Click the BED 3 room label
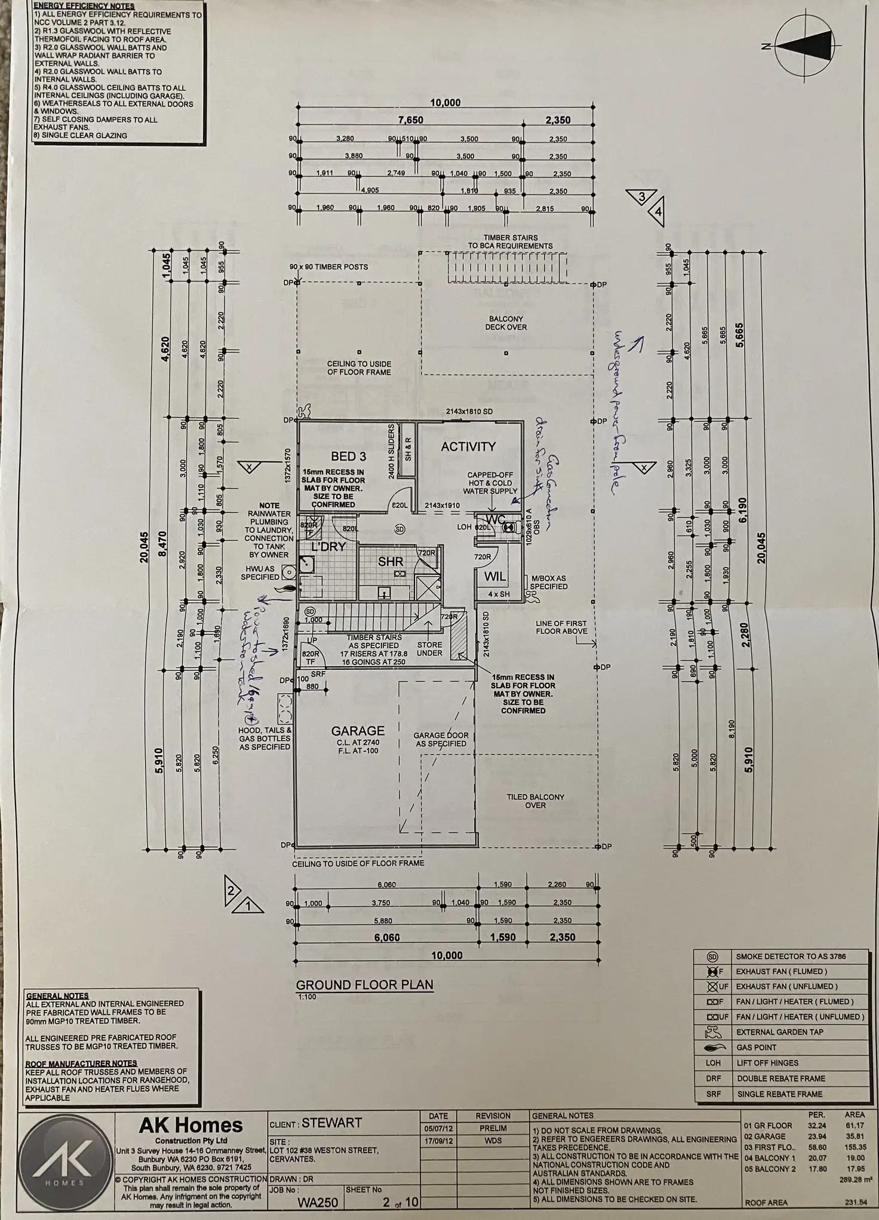pyautogui.click(x=348, y=456)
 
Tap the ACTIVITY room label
pyautogui.click(x=468, y=446)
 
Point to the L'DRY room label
pyautogui.click(x=328, y=547)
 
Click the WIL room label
pyautogui.click(x=495, y=576)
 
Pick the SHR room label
pyautogui.click(x=391, y=562)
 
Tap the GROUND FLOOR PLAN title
pyautogui.click(x=364, y=985)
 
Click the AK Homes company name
pyautogui.click(x=190, y=1126)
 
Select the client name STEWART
pyautogui.click(x=331, y=1123)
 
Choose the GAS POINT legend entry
pyautogui.click(x=756, y=1047)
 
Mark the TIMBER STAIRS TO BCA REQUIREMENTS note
pyautogui.click(x=510, y=241)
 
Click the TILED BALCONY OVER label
pyautogui.click(x=535, y=801)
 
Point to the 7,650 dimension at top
pyautogui.click(x=410, y=120)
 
